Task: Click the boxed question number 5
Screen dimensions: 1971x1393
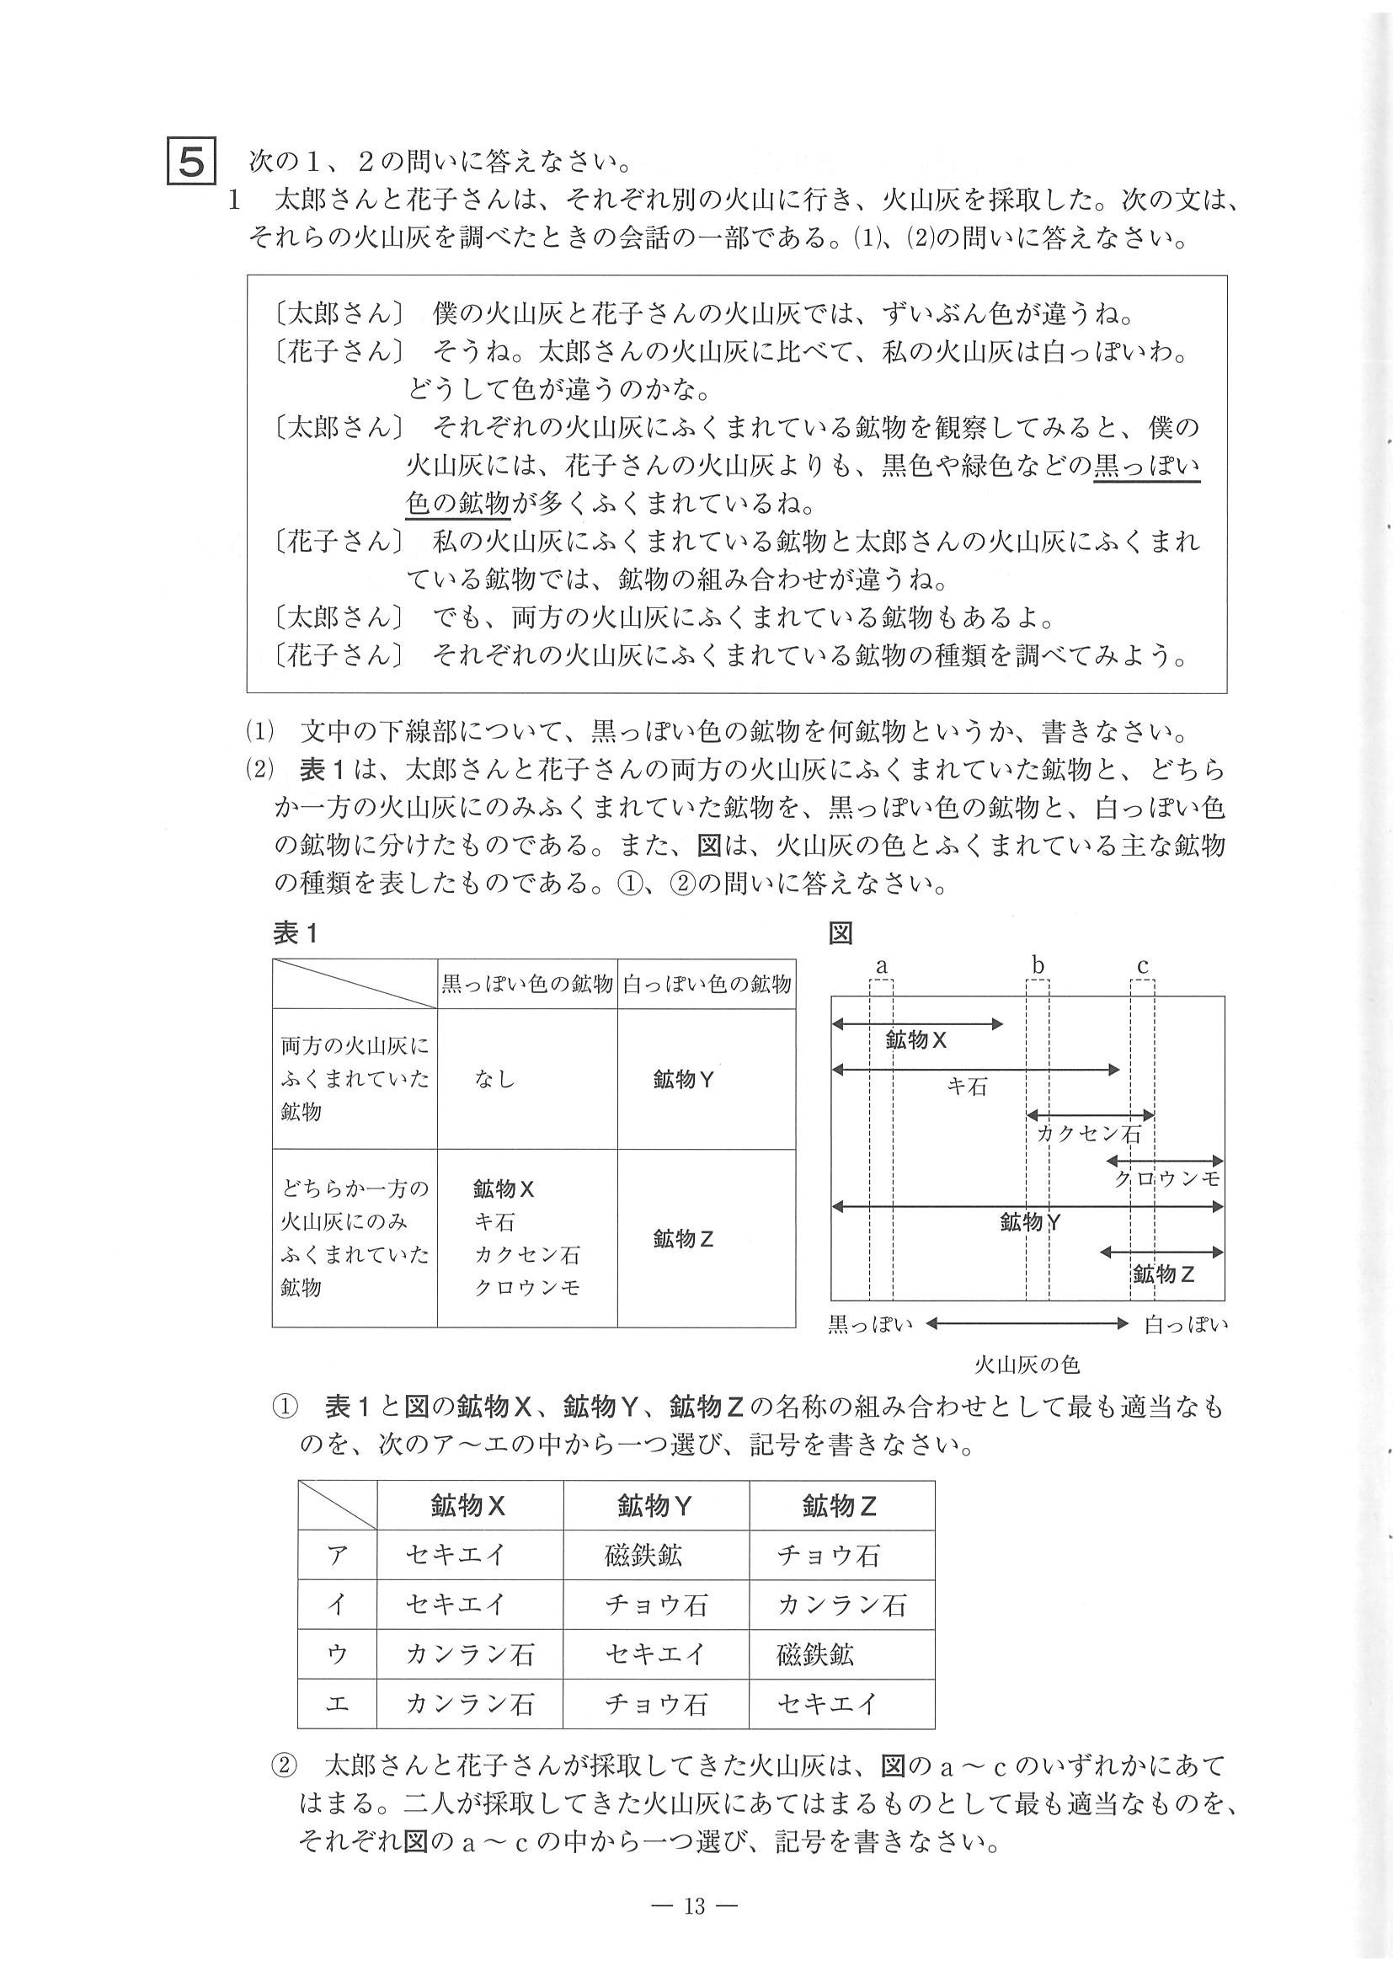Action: (191, 161)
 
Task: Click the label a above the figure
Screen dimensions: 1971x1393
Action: (881, 966)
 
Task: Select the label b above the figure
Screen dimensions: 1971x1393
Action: (1038, 965)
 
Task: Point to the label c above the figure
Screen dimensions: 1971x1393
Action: (1142, 966)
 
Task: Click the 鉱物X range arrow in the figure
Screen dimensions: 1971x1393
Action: (916, 1023)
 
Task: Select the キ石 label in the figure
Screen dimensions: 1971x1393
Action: (968, 1087)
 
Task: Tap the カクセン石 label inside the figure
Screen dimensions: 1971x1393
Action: (1089, 1133)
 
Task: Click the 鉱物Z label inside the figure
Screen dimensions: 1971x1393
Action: (1164, 1274)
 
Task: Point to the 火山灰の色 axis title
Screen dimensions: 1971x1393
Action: (1027, 1364)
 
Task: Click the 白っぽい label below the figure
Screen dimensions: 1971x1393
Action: (1186, 1325)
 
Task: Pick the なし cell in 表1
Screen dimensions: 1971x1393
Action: (494, 1079)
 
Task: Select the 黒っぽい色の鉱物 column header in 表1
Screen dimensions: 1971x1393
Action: (527, 984)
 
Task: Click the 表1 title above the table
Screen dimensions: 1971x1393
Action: (296, 933)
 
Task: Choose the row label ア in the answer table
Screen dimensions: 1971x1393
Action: (336, 1556)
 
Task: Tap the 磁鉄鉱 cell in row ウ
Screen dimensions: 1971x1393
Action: (814, 1654)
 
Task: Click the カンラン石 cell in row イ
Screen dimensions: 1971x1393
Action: (841, 1605)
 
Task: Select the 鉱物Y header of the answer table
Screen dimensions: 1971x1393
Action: (655, 1506)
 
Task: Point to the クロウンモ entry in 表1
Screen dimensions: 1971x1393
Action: (527, 1287)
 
